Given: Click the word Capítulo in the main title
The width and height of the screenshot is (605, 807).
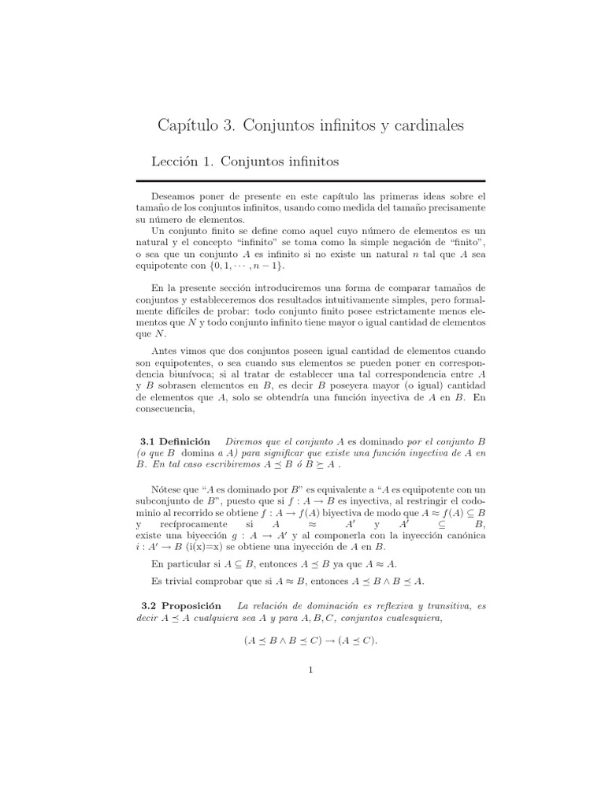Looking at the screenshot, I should [196, 125].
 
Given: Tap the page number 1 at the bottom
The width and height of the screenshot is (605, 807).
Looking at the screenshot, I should [311, 671].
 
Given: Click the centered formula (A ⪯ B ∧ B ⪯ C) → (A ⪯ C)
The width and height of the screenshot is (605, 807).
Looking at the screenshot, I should [310, 641].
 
